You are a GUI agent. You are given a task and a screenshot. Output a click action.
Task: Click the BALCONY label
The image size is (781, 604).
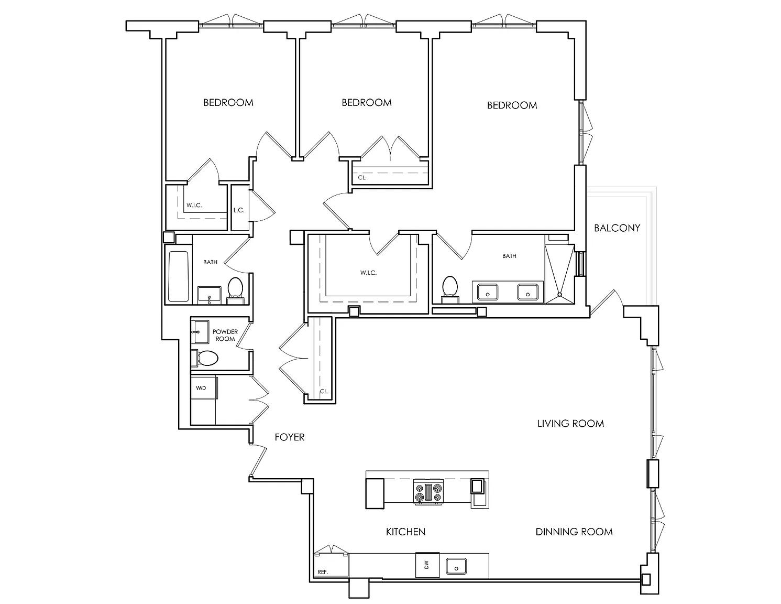coord(617,228)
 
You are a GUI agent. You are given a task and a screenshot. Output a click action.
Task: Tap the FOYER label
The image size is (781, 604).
coord(289,437)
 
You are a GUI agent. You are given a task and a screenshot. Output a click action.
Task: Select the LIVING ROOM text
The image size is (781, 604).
coord(570,424)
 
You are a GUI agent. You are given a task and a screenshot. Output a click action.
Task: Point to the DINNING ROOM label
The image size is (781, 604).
coord(574,532)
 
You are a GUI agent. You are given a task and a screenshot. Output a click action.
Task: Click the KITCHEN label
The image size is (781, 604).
coord(405,532)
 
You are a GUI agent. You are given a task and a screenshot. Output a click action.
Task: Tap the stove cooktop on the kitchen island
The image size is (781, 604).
coord(428,492)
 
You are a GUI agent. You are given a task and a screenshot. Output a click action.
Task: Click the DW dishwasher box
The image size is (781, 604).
coord(427,565)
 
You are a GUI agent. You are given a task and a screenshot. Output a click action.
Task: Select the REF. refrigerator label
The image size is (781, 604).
coord(323,572)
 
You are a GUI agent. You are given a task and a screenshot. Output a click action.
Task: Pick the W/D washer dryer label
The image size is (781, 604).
coord(201,388)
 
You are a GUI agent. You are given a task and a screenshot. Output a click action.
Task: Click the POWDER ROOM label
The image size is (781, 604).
coord(225,335)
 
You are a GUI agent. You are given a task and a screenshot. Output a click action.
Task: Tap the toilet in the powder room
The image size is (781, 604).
coord(205,358)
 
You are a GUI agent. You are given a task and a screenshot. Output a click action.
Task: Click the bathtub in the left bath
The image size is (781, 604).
coord(178,276)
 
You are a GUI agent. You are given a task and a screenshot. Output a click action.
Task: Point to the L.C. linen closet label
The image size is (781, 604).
coord(239,210)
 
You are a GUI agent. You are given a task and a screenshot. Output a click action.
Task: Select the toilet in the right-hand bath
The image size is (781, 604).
coord(450,289)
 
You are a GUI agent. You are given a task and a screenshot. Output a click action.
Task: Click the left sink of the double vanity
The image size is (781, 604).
coord(487,292)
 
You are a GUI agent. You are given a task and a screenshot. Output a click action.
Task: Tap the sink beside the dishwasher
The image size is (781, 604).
coord(456,566)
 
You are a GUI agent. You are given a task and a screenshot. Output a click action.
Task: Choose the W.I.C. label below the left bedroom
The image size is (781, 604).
coord(194,206)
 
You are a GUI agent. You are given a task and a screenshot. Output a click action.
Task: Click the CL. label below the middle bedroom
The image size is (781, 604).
coord(362,178)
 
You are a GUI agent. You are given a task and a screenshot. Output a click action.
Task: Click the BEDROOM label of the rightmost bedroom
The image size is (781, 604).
coord(512,105)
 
